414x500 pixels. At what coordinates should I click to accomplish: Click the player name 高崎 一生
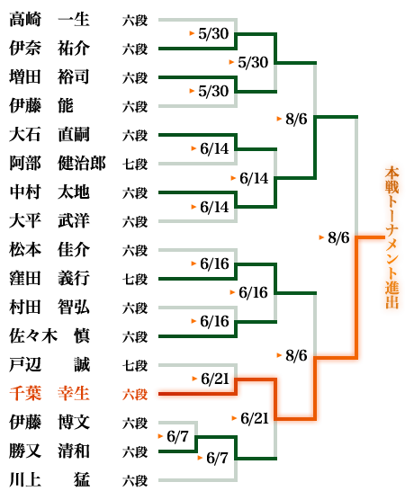tap(49, 20)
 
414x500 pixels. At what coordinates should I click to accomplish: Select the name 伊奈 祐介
tap(49, 49)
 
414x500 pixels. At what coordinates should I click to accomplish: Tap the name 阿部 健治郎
tap(57, 164)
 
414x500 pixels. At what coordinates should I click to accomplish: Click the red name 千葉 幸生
tap(49, 394)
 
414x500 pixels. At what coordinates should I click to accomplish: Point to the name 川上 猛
tap(49, 480)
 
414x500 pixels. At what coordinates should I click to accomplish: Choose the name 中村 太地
tap(49, 192)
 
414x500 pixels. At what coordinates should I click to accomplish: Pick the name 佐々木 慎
tap(49, 336)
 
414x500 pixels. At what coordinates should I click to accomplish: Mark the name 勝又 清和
tap(49, 451)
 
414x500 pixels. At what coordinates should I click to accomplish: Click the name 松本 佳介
tap(49, 250)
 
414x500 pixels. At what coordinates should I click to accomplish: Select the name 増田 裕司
tap(49, 77)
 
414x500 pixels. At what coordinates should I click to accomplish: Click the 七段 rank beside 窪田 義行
tap(135, 280)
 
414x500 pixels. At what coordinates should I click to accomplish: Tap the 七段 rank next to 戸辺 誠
tap(135, 365)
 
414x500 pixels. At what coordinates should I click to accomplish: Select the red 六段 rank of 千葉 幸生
tap(135, 395)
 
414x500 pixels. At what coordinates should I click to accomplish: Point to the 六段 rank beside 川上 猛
tap(135, 480)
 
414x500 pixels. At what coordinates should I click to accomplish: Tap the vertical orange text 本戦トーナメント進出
tap(391, 237)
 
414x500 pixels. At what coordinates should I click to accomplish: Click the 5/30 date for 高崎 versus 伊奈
tap(213, 33)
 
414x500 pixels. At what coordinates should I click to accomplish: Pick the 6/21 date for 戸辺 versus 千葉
tap(215, 379)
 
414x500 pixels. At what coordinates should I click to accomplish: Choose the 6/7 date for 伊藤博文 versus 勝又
tap(178, 436)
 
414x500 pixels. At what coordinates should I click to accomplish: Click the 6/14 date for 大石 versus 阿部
tap(214, 148)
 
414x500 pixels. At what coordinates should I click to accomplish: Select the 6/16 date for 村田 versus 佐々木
tap(214, 321)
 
